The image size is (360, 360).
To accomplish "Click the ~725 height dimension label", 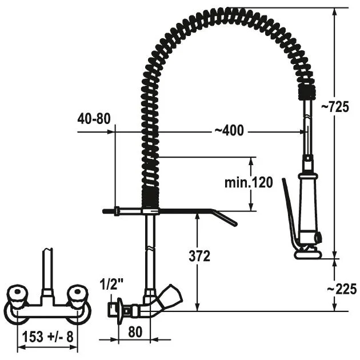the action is (x=335, y=107).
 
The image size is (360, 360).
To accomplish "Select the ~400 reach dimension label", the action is (x=229, y=131).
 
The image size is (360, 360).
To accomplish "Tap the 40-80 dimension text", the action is (x=94, y=119).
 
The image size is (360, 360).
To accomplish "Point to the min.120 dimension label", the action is (x=249, y=182).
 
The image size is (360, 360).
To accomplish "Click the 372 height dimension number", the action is (x=199, y=256).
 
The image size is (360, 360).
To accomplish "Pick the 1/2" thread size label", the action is (x=111, y=284).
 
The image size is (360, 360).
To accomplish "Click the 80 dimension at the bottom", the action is (x=135, y=332).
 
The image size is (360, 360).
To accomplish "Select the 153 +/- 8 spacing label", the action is (x=47, y=337).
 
